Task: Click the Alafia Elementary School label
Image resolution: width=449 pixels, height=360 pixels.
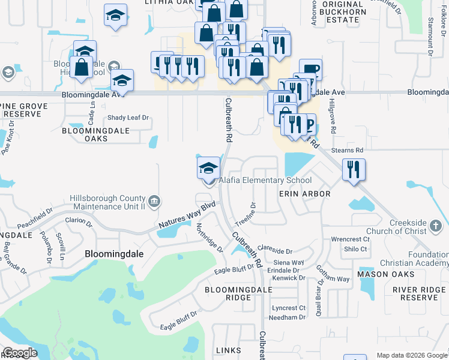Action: tap(265, 181)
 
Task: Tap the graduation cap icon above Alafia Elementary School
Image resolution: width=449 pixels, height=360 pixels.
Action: tap(208, 167)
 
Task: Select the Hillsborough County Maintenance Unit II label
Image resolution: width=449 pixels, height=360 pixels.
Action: tap(107, 202)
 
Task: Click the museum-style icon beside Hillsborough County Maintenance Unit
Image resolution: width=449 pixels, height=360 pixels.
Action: tap(154, 200)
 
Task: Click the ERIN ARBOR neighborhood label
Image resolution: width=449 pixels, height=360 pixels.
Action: tap(304, 194)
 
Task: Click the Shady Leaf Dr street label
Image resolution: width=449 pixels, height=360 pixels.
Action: tap(128, 118)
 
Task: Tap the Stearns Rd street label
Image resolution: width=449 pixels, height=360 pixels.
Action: tap(351, 150)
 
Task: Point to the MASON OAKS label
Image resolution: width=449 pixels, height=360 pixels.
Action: tap(385, 274)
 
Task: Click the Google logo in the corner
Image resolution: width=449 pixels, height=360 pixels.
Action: tap(20, 353)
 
